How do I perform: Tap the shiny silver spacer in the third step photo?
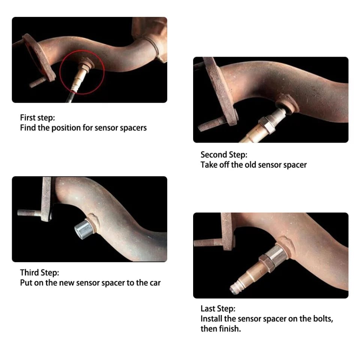[x=84, y=229]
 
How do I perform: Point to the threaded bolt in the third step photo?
[x=29, y=213]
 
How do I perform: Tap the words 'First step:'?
[x=37, y=117]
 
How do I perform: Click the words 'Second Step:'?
[x=224, y=154]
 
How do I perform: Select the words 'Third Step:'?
[x=39, y=273]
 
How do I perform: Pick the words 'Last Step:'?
[x=218, y=309]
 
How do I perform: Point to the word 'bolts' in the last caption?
[x=323, y=319]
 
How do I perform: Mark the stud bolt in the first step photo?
[x=38, y=82]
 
